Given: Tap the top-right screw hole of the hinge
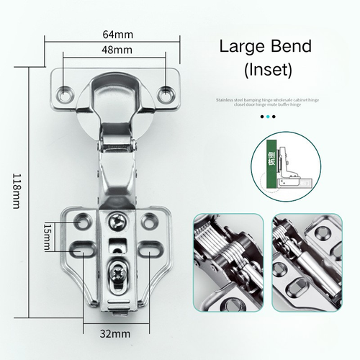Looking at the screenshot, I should [168, 93].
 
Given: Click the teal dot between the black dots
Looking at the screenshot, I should [266, 116].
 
